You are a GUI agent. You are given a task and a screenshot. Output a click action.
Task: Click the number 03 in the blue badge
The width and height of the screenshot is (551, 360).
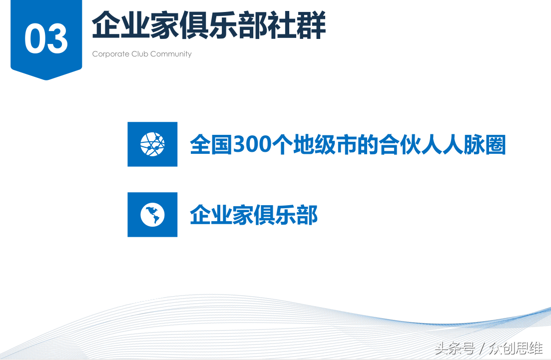pos(46,38)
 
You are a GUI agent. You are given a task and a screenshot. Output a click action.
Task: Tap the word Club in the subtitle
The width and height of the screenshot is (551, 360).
pos(139,54)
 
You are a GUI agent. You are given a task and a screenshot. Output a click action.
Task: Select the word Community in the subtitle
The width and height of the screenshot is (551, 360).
pos(171,54)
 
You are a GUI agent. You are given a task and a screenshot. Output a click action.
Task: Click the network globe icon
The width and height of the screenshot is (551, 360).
pos(152,144)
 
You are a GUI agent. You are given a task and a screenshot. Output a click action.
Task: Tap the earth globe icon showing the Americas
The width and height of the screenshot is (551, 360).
pos(152,215)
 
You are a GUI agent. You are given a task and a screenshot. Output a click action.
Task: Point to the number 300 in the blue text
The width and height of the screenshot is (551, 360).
pos(252,144)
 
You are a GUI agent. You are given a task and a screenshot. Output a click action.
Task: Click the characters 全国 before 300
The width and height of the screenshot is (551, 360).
pos(211,144)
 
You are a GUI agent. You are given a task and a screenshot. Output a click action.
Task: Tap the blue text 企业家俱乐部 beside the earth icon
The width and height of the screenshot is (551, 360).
pos(254,215)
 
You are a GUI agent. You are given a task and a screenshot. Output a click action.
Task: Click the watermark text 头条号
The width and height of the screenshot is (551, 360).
pos(455,349)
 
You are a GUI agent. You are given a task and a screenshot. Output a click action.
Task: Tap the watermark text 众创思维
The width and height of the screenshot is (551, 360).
pos(516,349)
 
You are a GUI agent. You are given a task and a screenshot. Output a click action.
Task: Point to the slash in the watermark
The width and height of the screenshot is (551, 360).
pos(482,349)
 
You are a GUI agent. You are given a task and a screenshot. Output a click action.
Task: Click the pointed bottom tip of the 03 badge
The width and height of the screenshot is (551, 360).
pos(46,80)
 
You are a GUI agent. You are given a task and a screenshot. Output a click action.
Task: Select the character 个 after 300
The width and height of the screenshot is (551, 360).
pos(282,144)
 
